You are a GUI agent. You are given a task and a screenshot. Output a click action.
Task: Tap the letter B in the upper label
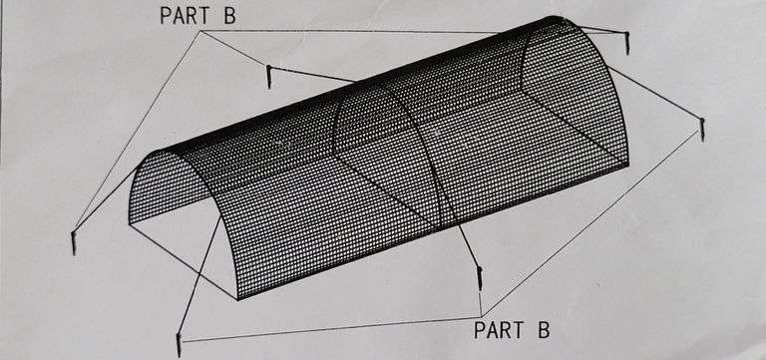click(x=229, y=15)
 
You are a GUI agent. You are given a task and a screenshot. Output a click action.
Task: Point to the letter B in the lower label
click(x=544, y=330)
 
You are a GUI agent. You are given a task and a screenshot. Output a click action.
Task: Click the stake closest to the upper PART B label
click(x=268, y=77)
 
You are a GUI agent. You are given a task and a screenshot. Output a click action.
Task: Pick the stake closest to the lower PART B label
click(x=479, y=279)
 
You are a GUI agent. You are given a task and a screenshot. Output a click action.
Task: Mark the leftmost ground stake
click(x=73, y=242)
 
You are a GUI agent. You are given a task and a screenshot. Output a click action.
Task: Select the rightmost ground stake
click(x=702, y=129)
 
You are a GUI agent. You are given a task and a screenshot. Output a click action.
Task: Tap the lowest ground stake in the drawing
click(x=179, y=345)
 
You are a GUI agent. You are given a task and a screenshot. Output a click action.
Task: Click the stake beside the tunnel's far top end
click(x=626, y=43)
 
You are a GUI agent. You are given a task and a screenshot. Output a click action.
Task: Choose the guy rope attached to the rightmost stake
click(x=654, y=93)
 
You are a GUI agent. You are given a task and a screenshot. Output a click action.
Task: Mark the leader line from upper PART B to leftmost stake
click(x=137, y=131)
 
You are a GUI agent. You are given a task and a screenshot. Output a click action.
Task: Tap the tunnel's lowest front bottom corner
click(x=237, y=298)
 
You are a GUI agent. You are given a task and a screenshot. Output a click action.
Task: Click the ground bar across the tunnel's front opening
click(x=183, y=261)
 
